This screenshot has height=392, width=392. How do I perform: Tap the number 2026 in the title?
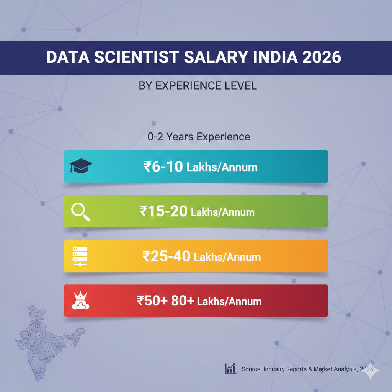click(x=320, y=57)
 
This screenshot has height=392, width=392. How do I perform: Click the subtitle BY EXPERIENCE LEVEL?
click(x=198, y=85)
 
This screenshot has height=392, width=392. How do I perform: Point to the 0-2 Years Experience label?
click(x=199, y=137)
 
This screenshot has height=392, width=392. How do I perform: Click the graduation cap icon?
click(x=81, y=167)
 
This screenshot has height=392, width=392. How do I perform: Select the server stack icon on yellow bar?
click(x=80, y=256)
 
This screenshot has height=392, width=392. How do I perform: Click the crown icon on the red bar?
click(x=80, y=301)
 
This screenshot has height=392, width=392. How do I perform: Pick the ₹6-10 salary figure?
click(x=163, y=167)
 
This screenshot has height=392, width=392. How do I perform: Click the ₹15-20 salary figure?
click(x=163, y=211)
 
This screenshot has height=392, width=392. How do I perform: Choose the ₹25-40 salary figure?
click(x=166, y=256)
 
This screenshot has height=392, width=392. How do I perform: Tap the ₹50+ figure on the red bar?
click(x=152, y=301)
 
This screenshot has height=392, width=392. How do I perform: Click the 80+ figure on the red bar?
click(x=182, y=301)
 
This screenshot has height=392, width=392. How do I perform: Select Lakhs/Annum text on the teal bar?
click(x=222, y=168)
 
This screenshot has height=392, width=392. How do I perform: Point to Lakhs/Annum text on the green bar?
click(x=222, y=212)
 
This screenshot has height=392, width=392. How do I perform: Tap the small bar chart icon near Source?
click(x=231, y=369)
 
